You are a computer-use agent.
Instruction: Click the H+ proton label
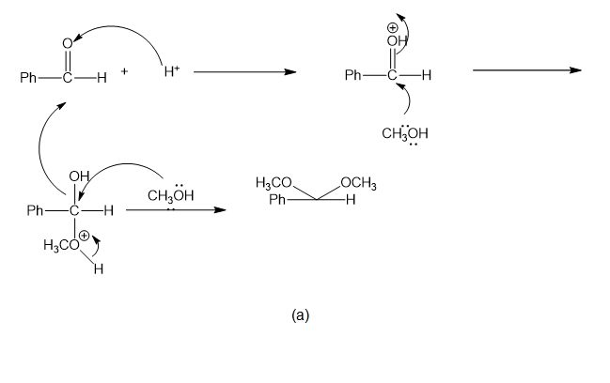pos(172,71)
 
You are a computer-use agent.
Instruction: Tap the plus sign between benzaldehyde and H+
pos(124,71)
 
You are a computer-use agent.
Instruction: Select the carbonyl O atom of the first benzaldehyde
pos(68,43)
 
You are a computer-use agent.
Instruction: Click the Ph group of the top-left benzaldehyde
pos(28,78)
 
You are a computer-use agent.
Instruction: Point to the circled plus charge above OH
pos(392,27)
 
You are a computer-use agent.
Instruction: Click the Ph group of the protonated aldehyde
pos(353,74)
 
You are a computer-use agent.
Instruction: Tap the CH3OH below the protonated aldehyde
pos(404,133)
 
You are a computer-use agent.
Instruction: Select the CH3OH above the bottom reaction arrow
pos(171,195)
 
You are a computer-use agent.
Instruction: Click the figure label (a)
pos(300,315)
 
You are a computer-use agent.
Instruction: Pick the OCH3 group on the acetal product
pos(358,183)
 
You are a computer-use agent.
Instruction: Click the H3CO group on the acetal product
pos(274,182)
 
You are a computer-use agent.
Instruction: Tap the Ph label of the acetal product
pos(277,200)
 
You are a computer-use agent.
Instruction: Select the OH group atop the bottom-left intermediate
pos(79,176)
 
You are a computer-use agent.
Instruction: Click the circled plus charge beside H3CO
pos(85,236)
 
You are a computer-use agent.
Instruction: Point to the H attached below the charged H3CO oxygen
pos(99,268)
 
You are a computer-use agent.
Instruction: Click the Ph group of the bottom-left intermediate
pos(35,210)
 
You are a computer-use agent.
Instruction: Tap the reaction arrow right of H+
pos(245,72)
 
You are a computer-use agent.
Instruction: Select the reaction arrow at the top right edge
pos(527,70)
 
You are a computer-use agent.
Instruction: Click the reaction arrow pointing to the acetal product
pos(176,210)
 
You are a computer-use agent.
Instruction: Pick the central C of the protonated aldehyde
pos(392,75)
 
